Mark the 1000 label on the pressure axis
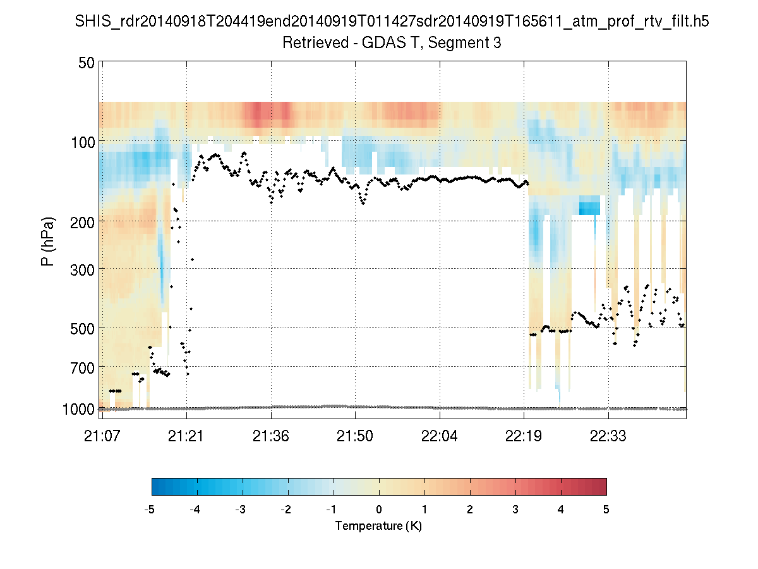(x=79, y=409)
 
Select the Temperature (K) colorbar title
(x=378, y=526)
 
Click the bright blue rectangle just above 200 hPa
(x=589, y=205)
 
